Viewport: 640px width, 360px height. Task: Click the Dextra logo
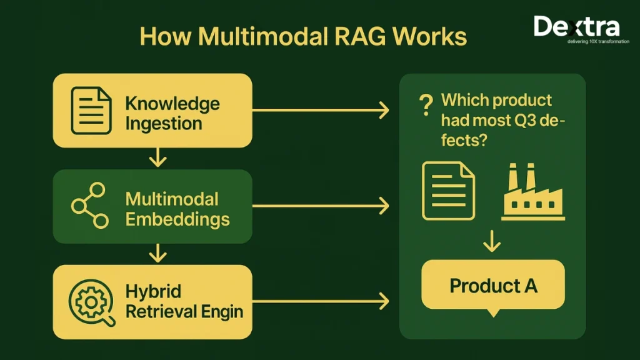click(576, 27)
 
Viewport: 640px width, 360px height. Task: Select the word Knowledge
click(172, 103)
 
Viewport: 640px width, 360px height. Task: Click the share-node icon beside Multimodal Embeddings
click(89, 206)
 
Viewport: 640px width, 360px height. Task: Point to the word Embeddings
click(177, 219)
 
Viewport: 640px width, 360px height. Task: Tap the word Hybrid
click(153, 292)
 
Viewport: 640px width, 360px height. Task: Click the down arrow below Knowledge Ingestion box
click(158, 158)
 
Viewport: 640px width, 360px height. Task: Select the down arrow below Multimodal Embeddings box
click(158, 253)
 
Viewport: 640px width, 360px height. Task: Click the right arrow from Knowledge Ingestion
click(320, 111)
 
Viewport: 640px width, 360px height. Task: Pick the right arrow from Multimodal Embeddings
click(320, 206)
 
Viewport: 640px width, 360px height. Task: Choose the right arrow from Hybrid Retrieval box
click(320, 302)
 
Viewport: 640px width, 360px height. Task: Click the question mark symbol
click(426, 104)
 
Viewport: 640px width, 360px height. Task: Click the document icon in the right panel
click(448, 191)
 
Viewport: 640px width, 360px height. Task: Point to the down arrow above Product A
click(492, 241)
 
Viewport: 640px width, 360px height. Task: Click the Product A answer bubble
click(493, 286)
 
